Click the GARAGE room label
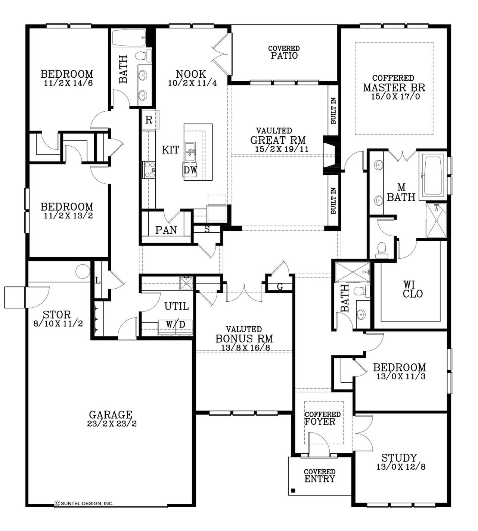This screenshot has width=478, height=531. (x=111, y=414)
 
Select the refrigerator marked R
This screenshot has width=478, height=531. (x=149, y=120)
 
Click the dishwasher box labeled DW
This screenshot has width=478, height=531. (x=190, y=170)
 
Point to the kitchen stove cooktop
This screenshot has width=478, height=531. (x=149, y=170)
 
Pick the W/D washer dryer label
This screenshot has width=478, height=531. (x=176, y=324)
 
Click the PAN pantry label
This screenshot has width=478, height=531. (x=166, y=230)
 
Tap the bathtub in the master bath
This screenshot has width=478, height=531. (x=433, y=176)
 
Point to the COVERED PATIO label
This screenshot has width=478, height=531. (x=284, y=52)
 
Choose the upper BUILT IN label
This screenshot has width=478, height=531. (x=333, y=111)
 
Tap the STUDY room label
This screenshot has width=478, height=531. (x=399, y=458)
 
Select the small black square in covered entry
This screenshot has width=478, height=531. (x=294, y=490)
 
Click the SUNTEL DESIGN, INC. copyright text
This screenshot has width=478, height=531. (x=84, y=503)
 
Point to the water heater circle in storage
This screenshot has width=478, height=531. (x=83, y=271)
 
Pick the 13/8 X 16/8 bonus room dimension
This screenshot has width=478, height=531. (x=244, y=348)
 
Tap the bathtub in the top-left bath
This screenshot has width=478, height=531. (x=129, y=38)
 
